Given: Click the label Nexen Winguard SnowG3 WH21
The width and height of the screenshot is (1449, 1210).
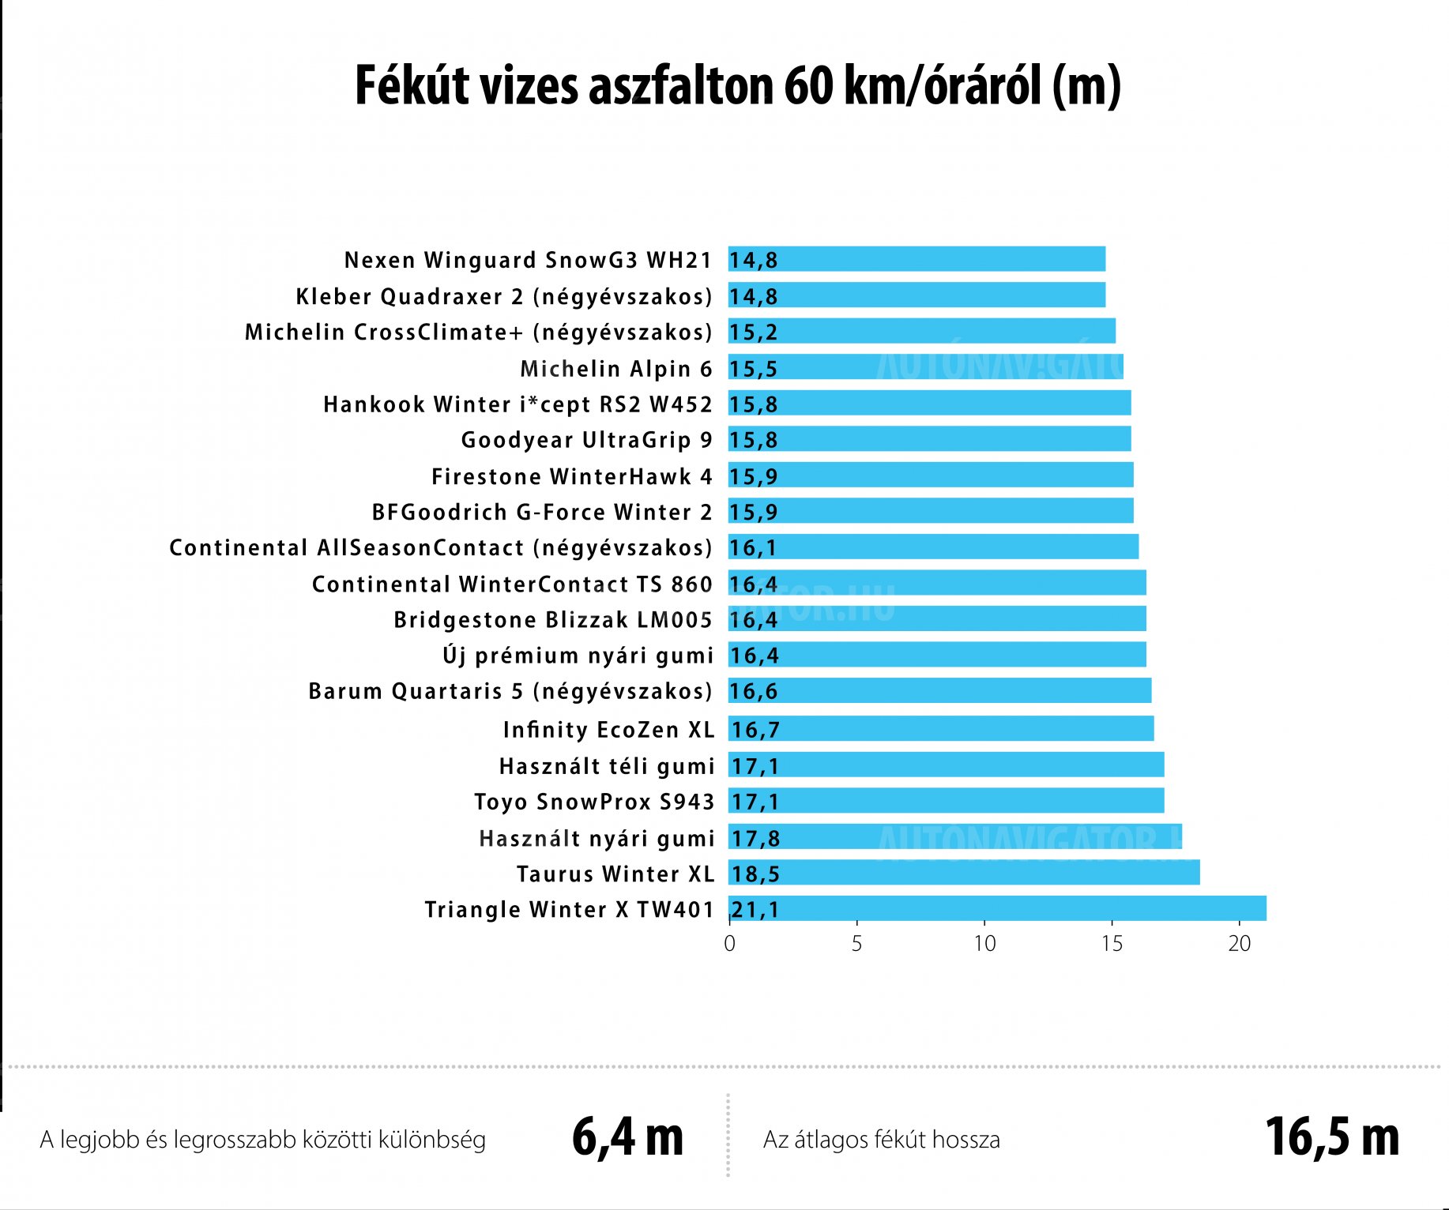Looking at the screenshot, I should click(x=528, y=260).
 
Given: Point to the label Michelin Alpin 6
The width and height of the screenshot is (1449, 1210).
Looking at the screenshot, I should click(x=616, y=369).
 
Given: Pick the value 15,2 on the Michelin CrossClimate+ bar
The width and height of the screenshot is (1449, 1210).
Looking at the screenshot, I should click(x=753, y=332).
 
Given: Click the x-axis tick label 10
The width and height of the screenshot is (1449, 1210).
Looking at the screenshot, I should click(x=984, y=944).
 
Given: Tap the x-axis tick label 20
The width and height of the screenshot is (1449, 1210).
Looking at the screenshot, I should click(x=1240, y=944).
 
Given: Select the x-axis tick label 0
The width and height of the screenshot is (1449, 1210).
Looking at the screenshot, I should click(x=729, y=944).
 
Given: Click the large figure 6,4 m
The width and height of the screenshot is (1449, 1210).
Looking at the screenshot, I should click(x=627, y=1137).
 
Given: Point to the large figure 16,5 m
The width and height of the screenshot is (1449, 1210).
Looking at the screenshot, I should click(x=1332, y=1137).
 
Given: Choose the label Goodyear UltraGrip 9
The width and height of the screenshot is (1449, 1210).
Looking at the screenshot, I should click(x=586, y=440).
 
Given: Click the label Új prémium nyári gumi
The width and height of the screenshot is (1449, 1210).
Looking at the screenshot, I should click(x=578, y=656).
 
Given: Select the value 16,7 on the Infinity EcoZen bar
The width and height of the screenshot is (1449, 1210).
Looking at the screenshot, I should click(x=755, y=729).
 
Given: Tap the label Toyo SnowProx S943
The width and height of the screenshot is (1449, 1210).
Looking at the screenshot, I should click(x=594, y=802).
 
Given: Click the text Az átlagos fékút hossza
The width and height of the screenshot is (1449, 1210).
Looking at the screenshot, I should click(x=882, y=1140).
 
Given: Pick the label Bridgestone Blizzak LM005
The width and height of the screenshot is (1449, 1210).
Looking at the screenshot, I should click(x=553, y=620).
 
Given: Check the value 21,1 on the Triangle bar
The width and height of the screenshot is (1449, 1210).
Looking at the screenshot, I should click(x=755, y=910).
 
